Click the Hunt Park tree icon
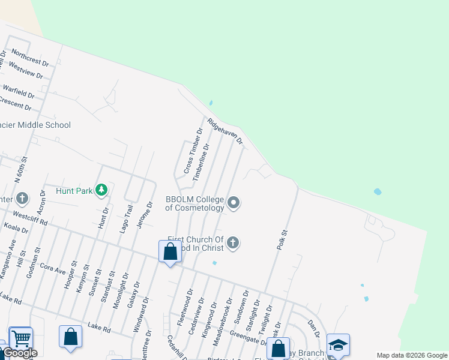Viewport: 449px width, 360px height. pos(101,191)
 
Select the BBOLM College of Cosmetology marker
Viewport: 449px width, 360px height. pos(234,203)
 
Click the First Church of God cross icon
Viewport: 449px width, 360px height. pos(234,243)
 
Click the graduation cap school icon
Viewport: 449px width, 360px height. pos(338,345)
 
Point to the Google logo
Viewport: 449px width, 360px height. pos(20,353)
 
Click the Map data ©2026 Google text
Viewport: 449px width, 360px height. pos(411,355)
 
